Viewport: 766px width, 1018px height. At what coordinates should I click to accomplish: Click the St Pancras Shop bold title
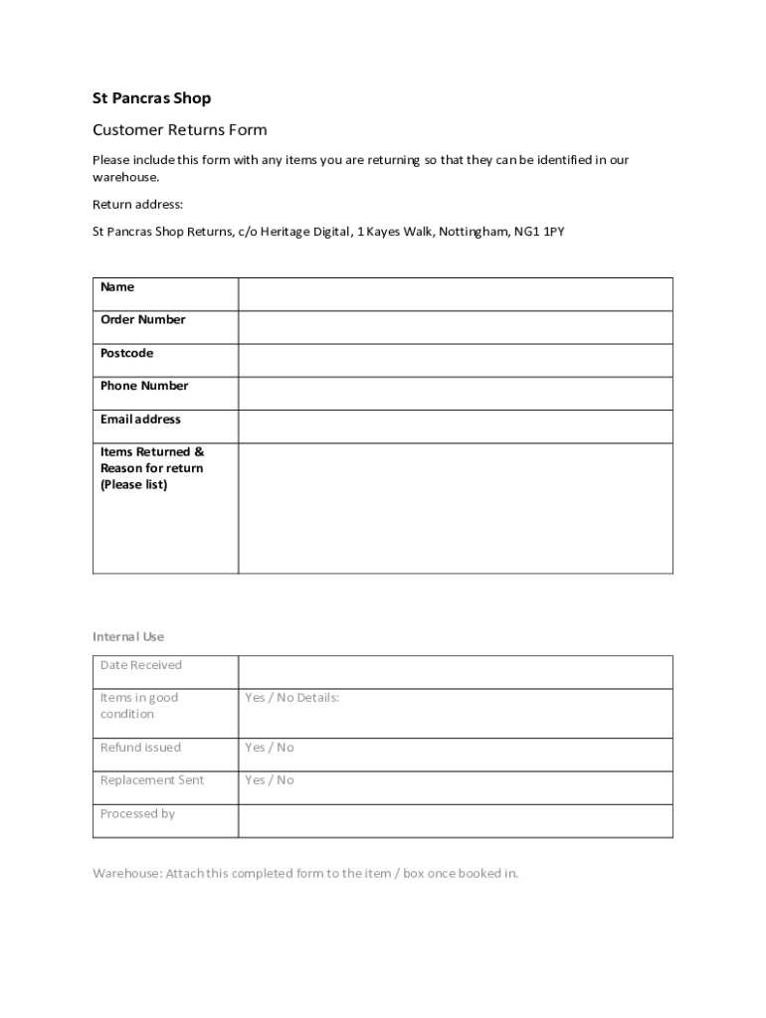[x=151, y=98]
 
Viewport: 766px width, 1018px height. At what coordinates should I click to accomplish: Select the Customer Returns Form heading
[x=179, y=130]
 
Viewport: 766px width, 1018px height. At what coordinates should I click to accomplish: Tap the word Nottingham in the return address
[x=474, y=232]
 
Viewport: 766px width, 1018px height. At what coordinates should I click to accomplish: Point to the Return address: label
[x=137, y=205]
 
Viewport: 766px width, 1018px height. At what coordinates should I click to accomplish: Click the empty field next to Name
[x=455, y=294]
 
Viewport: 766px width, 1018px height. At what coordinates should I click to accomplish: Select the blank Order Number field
[x=455, y=327]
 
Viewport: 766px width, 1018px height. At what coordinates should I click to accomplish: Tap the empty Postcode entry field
[x=455, y=360]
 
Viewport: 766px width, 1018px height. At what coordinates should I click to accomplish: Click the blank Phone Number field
[x=455, y=393]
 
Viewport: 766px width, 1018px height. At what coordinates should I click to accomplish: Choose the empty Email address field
[x=455, y=425]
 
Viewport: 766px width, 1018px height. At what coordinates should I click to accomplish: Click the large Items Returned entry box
[x=455, y=507]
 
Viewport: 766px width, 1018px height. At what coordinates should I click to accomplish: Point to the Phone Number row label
[x=144, y=386]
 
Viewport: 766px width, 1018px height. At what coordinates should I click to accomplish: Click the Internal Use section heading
[x=128, y=636]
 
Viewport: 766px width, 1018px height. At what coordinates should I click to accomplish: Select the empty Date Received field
[x=455, y=672]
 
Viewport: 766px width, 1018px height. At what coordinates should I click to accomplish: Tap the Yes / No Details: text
[x=292, y=698]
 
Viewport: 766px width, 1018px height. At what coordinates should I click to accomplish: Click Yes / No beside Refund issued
[x=270, y=748]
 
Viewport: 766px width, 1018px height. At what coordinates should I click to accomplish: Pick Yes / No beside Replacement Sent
[x=270, y=780]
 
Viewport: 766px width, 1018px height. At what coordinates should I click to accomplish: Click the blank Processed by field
[x=455, y=820]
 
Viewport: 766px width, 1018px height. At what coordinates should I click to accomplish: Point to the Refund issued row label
[x=140, y=748]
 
